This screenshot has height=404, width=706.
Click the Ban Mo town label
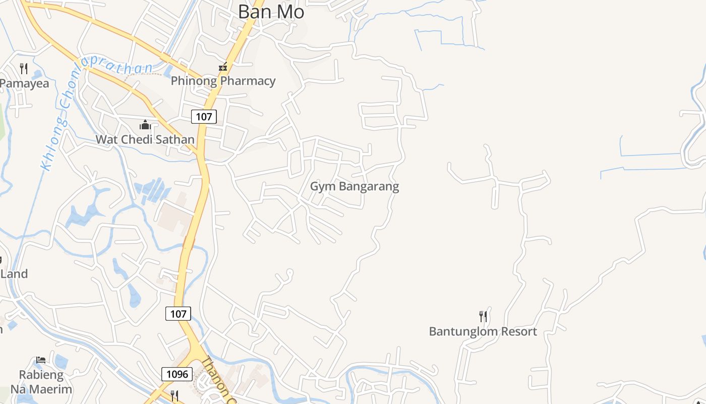(271, 12)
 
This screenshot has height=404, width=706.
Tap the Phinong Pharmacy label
(223, 81)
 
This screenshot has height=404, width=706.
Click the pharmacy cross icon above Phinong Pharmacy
(222, 67)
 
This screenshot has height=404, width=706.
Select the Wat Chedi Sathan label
(145, 139)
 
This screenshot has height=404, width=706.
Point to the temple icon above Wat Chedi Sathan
(145, 125)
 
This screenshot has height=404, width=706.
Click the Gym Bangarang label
(354, 186)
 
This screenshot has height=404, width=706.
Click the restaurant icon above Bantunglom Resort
(483, 317)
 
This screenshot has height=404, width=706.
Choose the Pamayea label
(25, 83)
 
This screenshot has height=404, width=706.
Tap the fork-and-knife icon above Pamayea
(24, 68)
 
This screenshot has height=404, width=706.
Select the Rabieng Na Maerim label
(41, 382)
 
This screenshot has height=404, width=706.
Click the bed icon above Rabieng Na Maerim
(41, 360)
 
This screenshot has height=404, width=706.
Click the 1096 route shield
(177, 374)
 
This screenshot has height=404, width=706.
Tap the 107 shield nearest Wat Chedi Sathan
(204, 117)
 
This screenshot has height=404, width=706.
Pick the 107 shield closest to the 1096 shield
(178, 314)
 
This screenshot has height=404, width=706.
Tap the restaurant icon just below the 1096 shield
(174, 395)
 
